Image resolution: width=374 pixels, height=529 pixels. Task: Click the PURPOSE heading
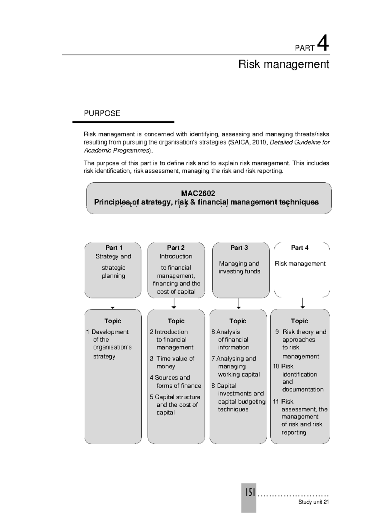tap(102, 113)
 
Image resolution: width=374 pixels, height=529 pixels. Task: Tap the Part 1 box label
tap(114, 248)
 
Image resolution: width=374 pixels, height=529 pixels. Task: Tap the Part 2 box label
tap(176, 248)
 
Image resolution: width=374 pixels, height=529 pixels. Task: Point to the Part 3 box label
tap(239, 248)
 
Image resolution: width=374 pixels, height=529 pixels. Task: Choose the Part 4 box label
tap(300, 248)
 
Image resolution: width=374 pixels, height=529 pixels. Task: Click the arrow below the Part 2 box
tap(174, 303)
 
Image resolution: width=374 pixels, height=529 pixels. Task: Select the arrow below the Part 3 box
tap(239, 303)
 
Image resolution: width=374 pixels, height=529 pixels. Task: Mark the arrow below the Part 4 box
tap(302, 303)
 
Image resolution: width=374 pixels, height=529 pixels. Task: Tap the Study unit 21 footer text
tap(313, 502)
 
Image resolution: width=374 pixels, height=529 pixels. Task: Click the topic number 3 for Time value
tap(151, 359)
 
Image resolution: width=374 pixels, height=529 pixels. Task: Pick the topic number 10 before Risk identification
tap(276, 366)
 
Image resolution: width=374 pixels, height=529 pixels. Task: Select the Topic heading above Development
tap(113, 321)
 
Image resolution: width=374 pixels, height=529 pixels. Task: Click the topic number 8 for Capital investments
tap(213, 386)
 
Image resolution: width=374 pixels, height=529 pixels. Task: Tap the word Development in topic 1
tap(110, 332)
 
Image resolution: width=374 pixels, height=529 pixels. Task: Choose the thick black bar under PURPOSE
tap(123, 122)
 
